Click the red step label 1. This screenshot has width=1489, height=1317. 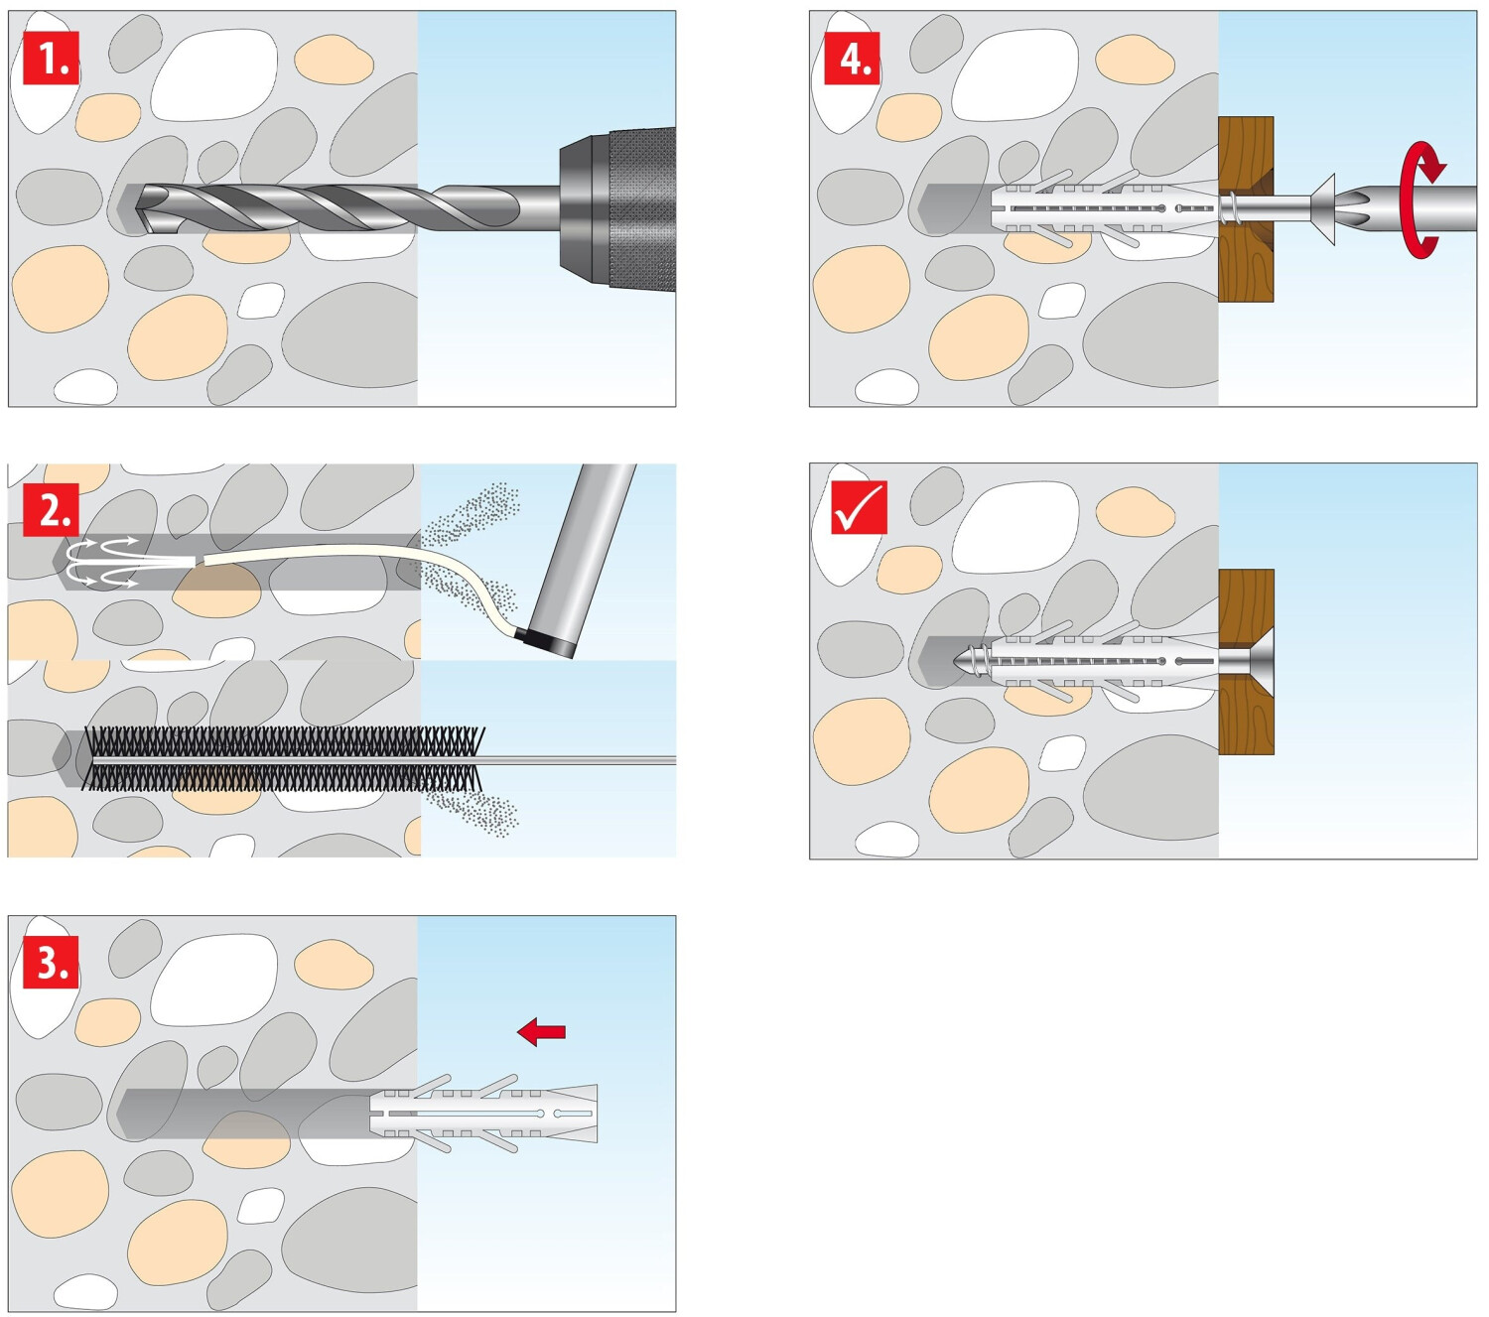(51, 59)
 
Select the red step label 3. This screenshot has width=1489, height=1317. (51, 962)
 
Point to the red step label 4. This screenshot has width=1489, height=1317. (853, 59)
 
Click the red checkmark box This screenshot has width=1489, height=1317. (859, 508)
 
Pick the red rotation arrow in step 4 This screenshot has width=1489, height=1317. (1422, 198)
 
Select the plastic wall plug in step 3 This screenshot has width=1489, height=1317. (486, 1113)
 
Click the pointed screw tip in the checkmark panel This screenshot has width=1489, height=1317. (963, 660)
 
